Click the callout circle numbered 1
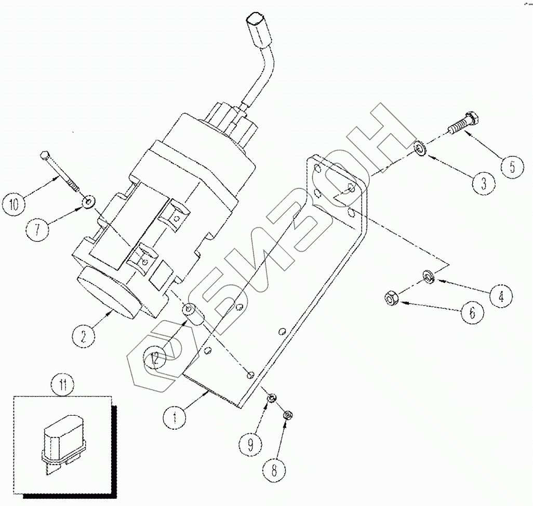(175, 416)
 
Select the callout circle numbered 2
(83, 336)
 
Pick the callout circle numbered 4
(500, 296)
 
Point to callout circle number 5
(512, 166)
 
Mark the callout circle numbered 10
(14, 203)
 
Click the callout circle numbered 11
(63, 385)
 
